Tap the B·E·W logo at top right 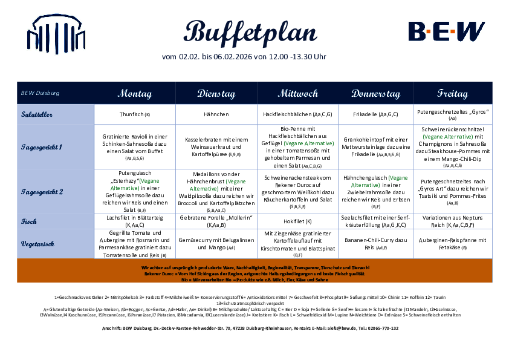coord(446,31)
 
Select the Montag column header coord(134,94)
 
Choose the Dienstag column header coord(216,94)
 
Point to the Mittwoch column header coord(297,94)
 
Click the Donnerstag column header coord(375,94)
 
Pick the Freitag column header coord(453,94)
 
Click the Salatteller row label coord(39,114)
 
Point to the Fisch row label coord(29,221)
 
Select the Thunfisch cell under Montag coord(134,114)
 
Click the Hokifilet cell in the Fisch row coord(297,221)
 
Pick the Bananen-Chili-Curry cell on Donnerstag coord(375,244)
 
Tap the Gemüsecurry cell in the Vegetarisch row coord(216,244)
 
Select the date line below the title coord(244,57)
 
